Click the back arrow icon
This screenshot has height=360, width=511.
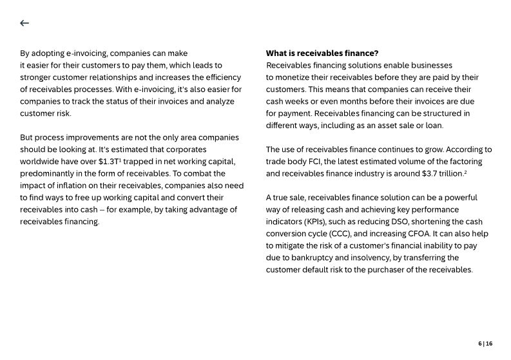click(24, 23)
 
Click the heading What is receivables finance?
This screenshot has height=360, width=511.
click(322, 53)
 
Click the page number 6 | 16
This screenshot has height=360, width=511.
click(485, 344)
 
